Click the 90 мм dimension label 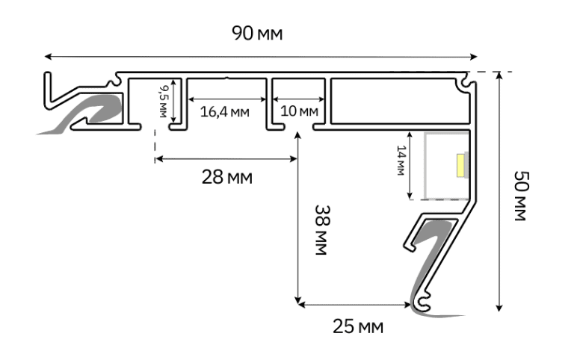coord(257,34)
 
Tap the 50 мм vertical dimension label coord(521,196)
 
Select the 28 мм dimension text coord(227,178)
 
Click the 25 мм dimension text coord(358,326)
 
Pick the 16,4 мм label coord(225,111)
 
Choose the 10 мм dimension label coord(299,111)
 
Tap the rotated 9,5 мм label coord(163,102)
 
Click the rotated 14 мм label coord(401,161)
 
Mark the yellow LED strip coord(460,165)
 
